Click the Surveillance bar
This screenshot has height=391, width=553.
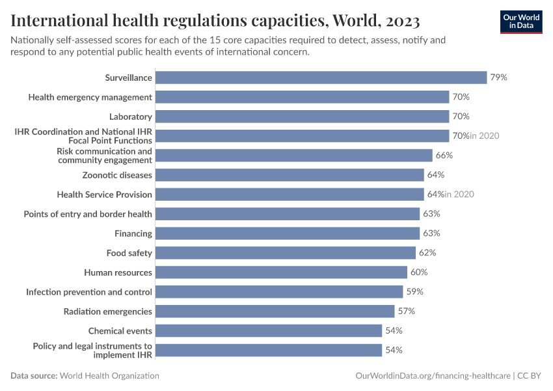pos(321,78)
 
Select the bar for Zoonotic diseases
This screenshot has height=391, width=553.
pos(290,175)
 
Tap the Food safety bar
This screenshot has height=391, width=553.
pos(286,253)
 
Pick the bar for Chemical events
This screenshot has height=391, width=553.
pos(269,331)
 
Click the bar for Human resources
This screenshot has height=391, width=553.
pos(282,272)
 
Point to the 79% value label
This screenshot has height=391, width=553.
pos(498,78)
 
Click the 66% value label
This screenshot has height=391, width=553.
pos(444,156)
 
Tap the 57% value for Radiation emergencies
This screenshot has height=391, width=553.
pos(406,311)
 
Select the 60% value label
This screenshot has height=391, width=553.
pos(419,272)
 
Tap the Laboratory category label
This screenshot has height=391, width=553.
pos(130,117)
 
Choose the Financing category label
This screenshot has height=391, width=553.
pos(133,233)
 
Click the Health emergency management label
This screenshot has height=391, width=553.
pos(90,97)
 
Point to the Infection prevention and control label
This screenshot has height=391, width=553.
pos(89,292)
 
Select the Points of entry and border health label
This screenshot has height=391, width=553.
pos(88,214)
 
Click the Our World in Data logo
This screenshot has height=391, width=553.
pos(521,21)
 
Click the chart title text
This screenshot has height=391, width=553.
pos(215,20)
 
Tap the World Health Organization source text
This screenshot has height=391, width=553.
pos(110,376)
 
